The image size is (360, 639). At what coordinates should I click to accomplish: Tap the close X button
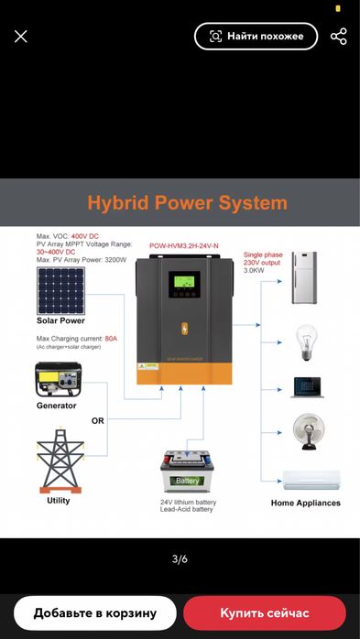(x=21, y=37)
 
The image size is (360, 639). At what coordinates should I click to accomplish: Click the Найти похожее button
(x=256, y=37)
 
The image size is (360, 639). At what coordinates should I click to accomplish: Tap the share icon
(x=338, y=37)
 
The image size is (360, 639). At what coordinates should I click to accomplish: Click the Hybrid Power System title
(x=187, y=203)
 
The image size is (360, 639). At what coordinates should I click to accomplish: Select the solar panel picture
(x=60, y=289)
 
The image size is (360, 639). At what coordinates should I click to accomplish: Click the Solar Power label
(x=60, y=321)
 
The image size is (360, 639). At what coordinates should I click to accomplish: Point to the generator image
(x=59, y=378)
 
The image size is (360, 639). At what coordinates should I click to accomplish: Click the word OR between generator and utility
(x=98, y=421)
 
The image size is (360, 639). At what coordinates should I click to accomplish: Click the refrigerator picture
(x=304, y=277)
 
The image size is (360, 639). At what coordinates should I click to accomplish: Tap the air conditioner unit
(x=311, y=480)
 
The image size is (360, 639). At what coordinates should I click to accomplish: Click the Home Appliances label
(x=305, y=503)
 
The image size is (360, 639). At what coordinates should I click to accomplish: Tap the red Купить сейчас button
(x=265, y=612)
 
